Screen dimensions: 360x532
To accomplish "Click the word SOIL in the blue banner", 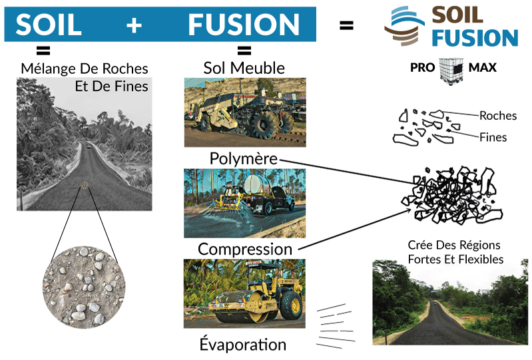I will (x=49, y=25).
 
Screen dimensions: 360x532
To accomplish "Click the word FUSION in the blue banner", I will (x=244, y=25).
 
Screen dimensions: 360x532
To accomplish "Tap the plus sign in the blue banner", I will (x=134, y=25).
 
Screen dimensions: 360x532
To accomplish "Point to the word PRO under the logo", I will (x=424, y=68).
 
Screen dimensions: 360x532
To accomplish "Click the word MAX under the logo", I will (x=482, y=68).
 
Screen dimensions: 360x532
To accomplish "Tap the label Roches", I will (x=497, y=116).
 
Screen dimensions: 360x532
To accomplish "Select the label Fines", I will (x=493, y=138).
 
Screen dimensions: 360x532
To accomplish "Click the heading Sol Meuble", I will (x=244, y=68).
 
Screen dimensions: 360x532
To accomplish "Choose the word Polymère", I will (x=244, y=160).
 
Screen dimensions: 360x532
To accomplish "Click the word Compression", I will (x=245, y=250).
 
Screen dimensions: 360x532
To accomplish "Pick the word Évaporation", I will (x=243, y=345).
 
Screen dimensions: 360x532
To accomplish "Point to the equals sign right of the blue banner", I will (x=346, y=26).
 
